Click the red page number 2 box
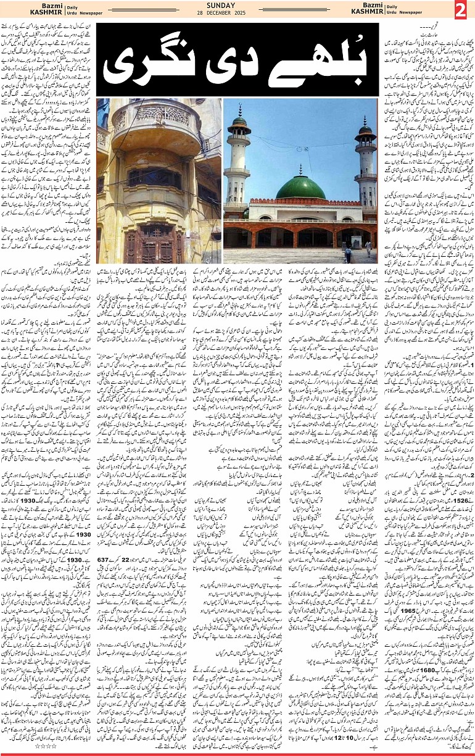tap(461, 10)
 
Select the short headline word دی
tap(226, 60)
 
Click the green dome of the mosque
tap(300, 187)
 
